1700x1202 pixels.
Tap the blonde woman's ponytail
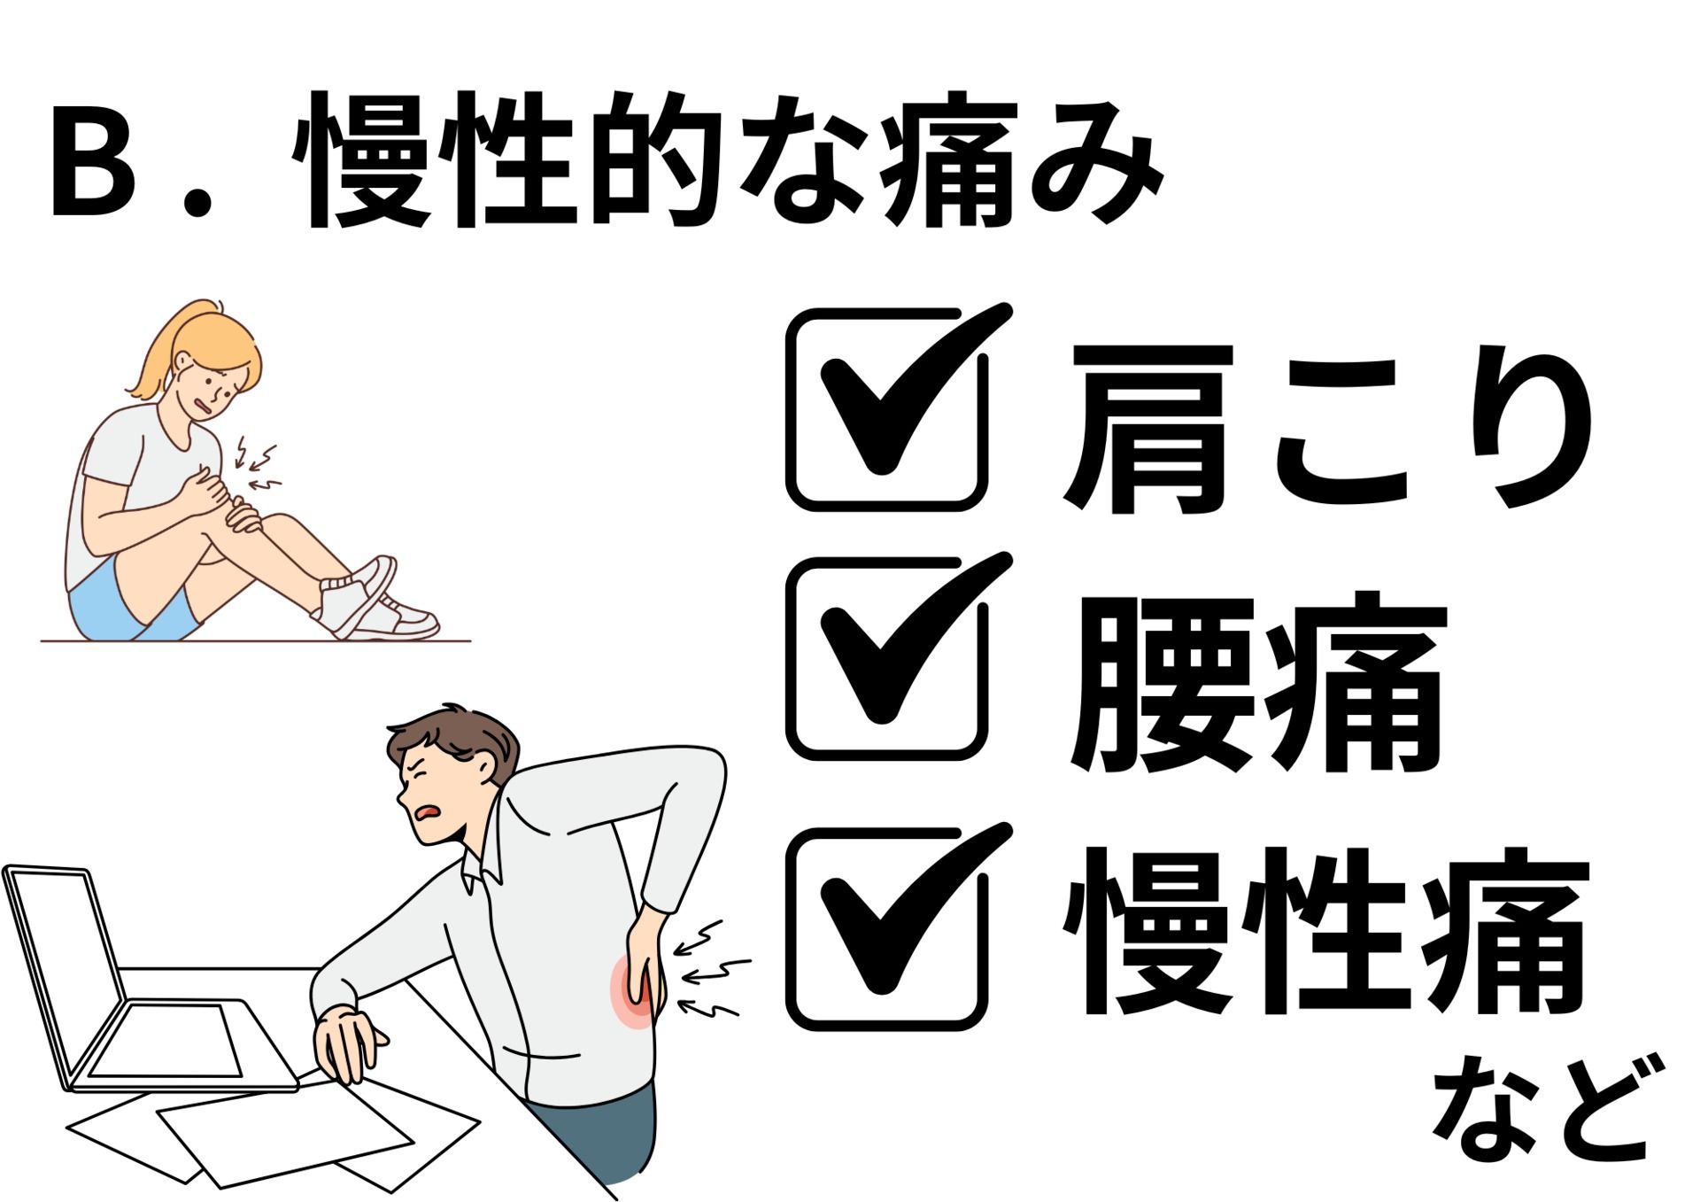click(155, 354)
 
